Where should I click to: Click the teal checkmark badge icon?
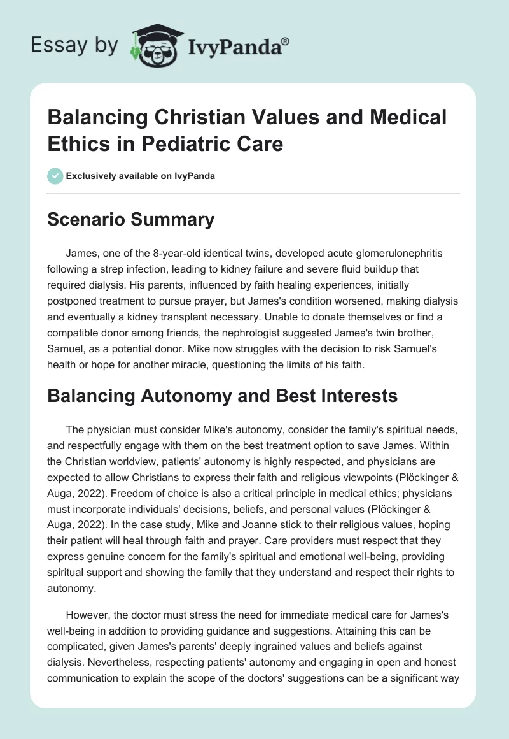point(55,176)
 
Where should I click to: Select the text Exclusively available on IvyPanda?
point(140,176)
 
